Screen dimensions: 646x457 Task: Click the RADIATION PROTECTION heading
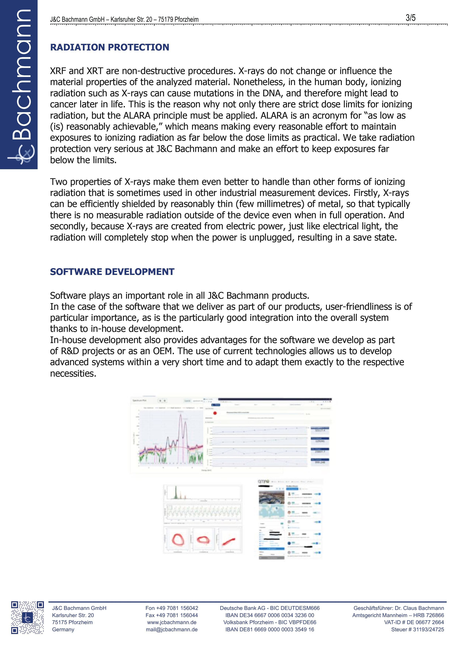point(109,47)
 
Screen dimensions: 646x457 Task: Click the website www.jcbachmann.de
point(172,622)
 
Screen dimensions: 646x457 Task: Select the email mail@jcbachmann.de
point(172,629)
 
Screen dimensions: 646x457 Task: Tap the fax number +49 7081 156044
point(172,615)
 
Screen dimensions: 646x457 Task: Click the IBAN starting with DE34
point(269,615)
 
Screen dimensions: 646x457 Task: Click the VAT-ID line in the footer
point(414,622)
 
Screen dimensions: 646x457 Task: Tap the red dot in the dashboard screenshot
point(215,413)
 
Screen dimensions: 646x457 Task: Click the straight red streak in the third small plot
point(229,541)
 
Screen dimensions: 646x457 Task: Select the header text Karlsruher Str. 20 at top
point(131,19)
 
